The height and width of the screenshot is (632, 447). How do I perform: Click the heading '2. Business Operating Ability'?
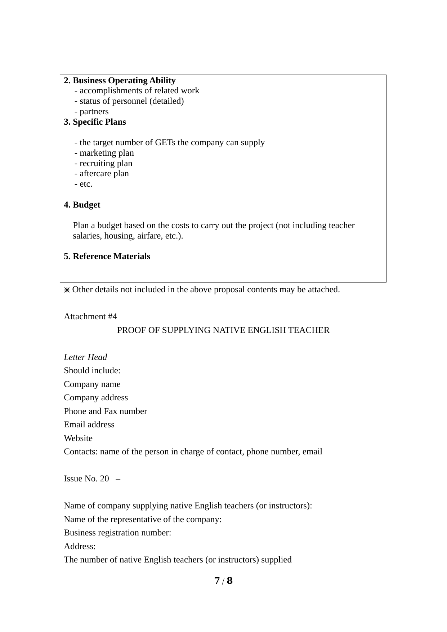pos(120,80)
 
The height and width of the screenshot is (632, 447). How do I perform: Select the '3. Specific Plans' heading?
pos(95,122)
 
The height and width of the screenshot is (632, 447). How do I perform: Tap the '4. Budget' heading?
pos(82,205)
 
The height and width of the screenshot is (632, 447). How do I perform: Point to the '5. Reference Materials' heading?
pos(107,256)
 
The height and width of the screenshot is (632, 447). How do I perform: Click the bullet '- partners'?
pos(91,111)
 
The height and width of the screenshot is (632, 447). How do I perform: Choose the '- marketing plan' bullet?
pos(104,153)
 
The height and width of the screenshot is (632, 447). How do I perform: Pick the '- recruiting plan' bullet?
pos(103,163)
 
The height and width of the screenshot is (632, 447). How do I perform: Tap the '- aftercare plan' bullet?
pos(102,173)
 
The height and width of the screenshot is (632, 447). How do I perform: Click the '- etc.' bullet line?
pos(84,184)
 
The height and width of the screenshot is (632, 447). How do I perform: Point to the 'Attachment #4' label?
pos(90,316)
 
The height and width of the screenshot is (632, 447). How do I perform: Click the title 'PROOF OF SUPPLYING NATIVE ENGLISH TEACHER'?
pos(223,330)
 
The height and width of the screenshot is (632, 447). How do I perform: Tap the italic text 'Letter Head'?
pos(85,357)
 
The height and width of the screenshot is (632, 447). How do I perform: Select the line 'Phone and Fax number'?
pos(105,411)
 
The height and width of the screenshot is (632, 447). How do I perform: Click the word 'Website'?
pos(78,438)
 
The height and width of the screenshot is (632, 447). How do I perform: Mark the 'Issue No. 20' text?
pos(86,479)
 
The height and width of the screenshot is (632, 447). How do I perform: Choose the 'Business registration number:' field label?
pos(117,533)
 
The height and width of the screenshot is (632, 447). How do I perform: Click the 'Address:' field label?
pos(80,546)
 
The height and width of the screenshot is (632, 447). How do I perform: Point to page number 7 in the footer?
pos(217,580)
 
